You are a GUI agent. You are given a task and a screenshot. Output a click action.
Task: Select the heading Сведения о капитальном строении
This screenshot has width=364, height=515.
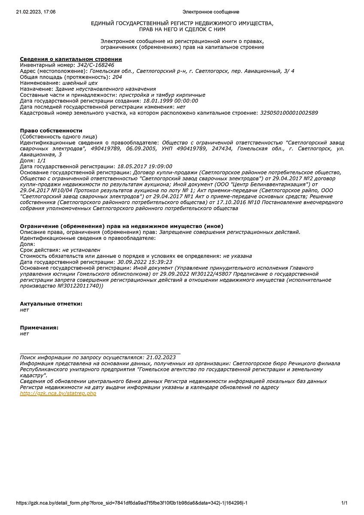point(71,59)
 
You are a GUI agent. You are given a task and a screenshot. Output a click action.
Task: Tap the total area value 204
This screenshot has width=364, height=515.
point(117,77)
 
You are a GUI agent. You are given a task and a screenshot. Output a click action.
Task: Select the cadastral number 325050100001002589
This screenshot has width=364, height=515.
point(289,113)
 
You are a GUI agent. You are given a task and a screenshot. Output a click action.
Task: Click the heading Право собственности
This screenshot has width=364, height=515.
point(51,130)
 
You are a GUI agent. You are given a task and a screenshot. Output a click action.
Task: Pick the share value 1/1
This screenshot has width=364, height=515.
point(41,160)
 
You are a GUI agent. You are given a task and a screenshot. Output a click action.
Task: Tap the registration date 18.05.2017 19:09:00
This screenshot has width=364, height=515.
point(145,166)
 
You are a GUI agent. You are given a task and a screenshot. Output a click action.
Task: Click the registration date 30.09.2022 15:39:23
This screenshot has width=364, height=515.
point(145,261)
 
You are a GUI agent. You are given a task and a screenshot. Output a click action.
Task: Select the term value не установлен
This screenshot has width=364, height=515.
point(81,249)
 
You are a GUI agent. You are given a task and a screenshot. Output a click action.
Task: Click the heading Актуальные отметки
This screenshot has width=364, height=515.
point(51,303)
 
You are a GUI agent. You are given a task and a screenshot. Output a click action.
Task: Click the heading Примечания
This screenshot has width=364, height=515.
point(39,327)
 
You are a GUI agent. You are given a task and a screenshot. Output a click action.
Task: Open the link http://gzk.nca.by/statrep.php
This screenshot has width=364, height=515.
point(58,394)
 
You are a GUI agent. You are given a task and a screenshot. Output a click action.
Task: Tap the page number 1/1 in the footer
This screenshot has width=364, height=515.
point(344,503)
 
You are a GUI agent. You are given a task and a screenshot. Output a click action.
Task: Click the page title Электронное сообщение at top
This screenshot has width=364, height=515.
point(211,12)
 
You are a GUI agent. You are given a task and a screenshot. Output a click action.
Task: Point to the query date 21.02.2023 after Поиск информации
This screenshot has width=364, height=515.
point(161,357)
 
